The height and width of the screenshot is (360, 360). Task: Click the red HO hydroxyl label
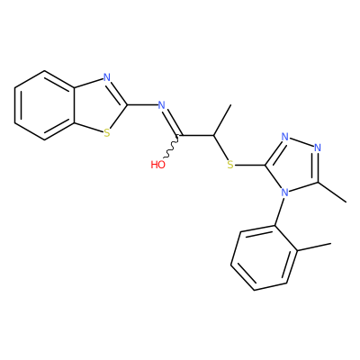pyautogui.click(x=158, y=165)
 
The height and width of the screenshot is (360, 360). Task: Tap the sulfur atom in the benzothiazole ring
pyautogui.click(x=107, y=133)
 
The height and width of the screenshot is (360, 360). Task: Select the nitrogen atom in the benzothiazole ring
pyautogui.click(x=107, y=77)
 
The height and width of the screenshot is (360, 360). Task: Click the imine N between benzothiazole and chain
pyautogui.click(x=162, y=105)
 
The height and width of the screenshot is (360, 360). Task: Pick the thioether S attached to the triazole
pyautogui.click(x=230, y=165)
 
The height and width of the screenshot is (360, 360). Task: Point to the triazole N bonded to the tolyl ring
pyautogui.click(x=284, y=192)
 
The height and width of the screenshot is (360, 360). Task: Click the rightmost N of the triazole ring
pyautogui.click(x=318, y=148)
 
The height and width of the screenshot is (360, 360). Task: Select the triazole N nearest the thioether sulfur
pyautogui.click(x=285, y=138)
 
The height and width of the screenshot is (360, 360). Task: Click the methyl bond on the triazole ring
pyautogui.click(x=332, y=193)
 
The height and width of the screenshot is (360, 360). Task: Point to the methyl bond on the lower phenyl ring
pyautogui.click(x=314, y=247)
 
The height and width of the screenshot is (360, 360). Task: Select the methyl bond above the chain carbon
pyautogui.click(x=222, y=120)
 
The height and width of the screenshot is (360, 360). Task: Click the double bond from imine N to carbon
pyautogui.click(x=172, y=122)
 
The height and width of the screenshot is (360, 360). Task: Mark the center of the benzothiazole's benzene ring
pyautogui.click(x=44, y=105)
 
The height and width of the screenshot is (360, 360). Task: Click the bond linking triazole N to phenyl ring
pyautogui.click(x=280, y=211)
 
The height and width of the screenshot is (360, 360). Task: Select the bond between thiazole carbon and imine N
pyautogui.click(x=143, y=105)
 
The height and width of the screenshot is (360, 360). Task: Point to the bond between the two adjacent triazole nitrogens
pyautogui.click(x=301, y=143)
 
